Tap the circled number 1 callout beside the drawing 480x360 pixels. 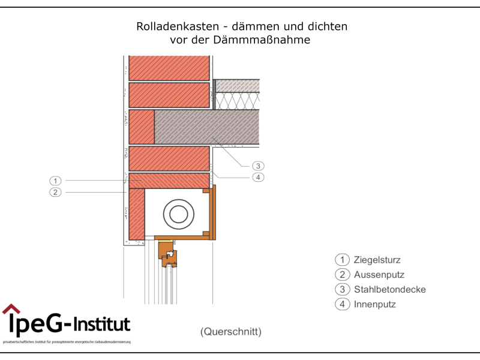(55, 181)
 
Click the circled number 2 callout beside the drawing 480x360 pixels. (55, 192)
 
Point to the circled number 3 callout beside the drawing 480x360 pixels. (258, 166)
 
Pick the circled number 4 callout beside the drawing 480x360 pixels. (258, 177)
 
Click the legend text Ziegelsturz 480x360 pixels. (377, 260)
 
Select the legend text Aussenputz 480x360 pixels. (379, 275)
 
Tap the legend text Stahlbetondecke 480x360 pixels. (389, 290)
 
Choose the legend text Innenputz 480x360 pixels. (374, 305)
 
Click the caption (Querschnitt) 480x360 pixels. (231, 331)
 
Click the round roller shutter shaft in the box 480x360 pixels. (178, 214)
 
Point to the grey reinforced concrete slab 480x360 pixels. (206, 127)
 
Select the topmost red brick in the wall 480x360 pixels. (169, 68)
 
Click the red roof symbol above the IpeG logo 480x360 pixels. (11, 309)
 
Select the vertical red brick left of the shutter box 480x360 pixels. (136, 213)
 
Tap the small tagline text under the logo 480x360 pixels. (66, 342)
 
